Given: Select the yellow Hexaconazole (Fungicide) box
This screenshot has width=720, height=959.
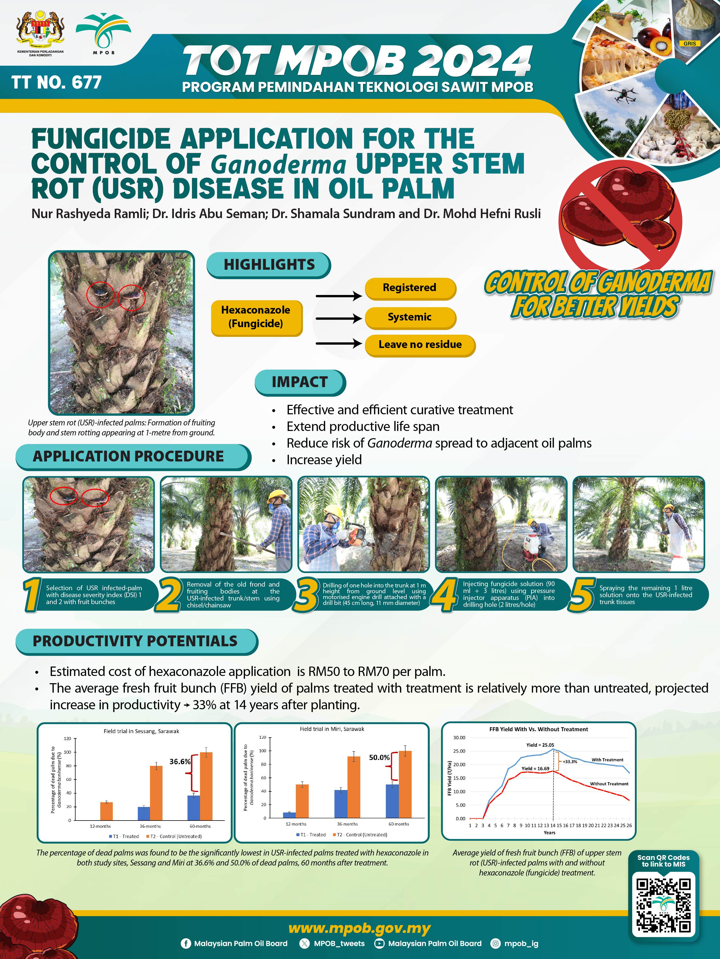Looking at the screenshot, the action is coord(256,318).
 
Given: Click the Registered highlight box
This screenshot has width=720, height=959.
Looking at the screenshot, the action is coord(410,288).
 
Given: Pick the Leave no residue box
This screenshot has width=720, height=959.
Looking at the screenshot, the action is coord(420,345).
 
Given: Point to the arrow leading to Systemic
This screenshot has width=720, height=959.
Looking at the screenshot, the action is coord(339,319).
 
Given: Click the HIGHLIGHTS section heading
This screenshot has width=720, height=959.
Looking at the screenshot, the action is coord(269,265).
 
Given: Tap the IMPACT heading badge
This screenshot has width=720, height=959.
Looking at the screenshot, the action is coord(300,382).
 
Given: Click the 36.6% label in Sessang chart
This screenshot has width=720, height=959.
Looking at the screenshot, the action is coord(180,761).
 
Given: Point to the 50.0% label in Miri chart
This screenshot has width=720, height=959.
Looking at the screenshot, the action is coord(379,757).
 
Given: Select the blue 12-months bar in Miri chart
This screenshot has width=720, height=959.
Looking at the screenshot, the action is coord(289,815).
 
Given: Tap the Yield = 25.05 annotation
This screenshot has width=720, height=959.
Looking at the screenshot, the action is coord(540,745).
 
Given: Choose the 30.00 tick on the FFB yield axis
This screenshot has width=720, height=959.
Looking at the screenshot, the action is coord(459,738).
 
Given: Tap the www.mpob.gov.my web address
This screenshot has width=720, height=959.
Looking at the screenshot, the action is coord(359,928).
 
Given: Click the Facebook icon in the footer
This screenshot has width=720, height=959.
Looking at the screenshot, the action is coord(186,943).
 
